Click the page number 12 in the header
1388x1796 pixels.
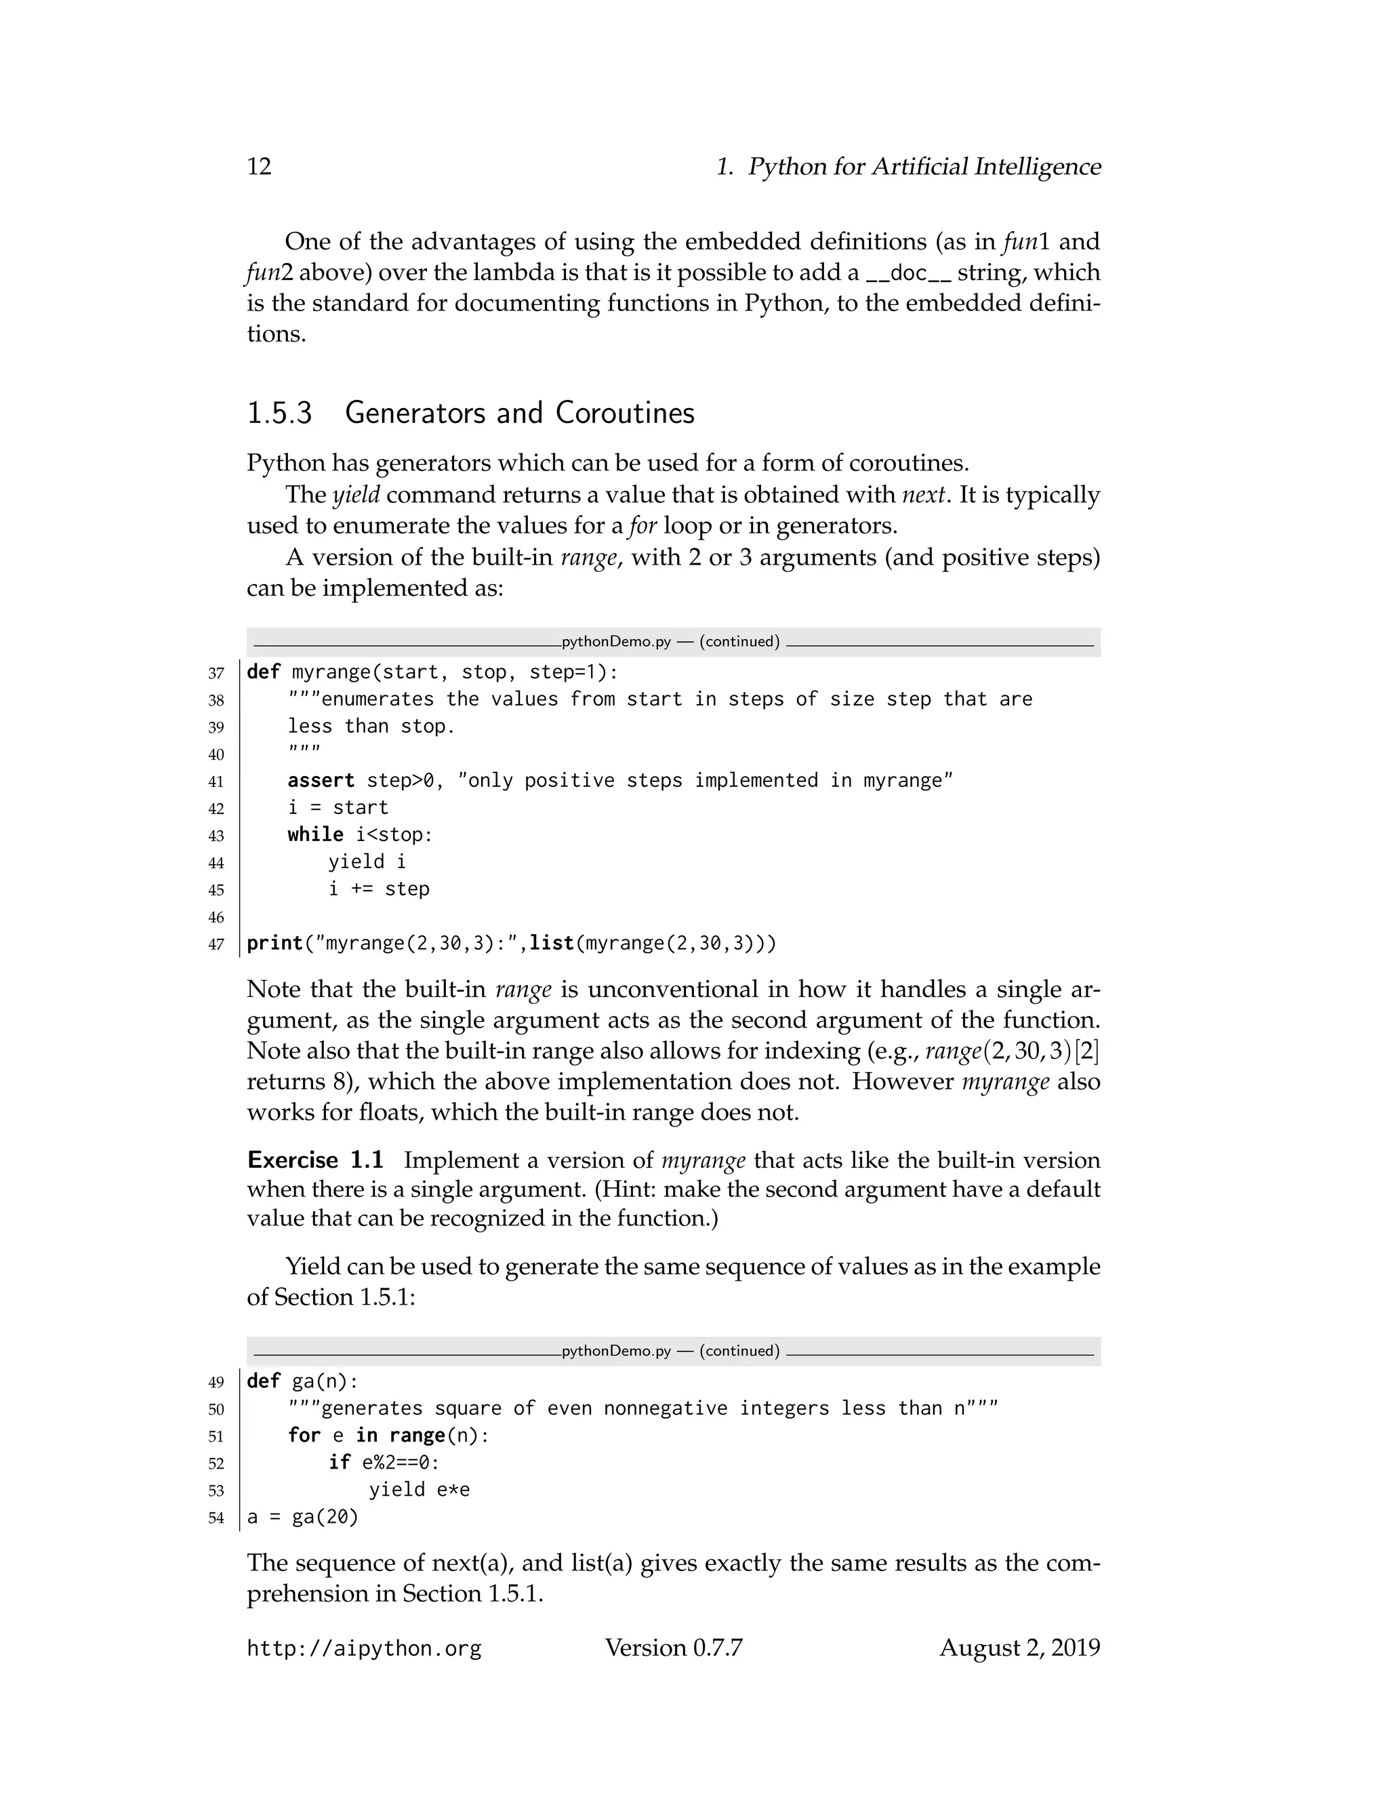(x=259, y=167)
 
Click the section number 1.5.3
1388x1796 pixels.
(x=280, y=413)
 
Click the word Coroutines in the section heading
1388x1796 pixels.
(x=624, y=413)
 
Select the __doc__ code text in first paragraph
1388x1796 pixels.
(x=909, y=274)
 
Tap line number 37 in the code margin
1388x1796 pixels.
(x=216, y=674)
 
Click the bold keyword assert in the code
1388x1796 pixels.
(x=321, y=780)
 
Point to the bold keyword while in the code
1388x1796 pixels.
(x=315, y=835)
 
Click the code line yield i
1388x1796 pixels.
(x=367, y=862)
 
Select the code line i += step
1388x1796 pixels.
(x=378, y=889)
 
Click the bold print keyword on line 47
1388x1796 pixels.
(x=274, y=943)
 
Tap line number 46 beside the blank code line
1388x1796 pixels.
(x=216, y=917)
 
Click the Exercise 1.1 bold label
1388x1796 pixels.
(x=315, y=1160)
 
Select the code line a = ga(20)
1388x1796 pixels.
(x=302, y=1516)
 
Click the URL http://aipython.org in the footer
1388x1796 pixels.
(x=363, y=1648)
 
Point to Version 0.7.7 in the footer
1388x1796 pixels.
(x=674, y=1648)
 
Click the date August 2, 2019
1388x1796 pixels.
(x=1019, y=1648)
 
